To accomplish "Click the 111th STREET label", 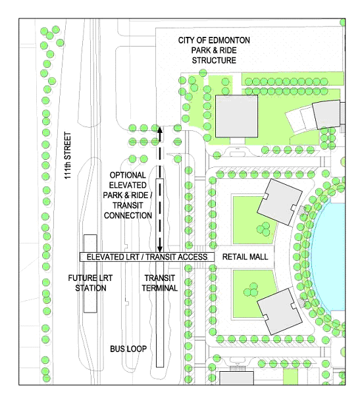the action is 68,155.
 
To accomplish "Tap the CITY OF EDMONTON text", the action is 214,40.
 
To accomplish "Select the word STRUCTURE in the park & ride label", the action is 214,61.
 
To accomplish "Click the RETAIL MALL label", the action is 245,257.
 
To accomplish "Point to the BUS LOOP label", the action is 128,349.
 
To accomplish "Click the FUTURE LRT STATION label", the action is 90,283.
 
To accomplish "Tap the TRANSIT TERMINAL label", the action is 159,283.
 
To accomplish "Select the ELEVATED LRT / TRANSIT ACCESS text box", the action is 147,257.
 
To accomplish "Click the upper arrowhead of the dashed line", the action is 159,130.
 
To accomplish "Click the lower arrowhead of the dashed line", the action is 159,249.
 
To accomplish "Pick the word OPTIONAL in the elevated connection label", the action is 128,175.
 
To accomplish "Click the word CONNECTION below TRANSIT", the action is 128,215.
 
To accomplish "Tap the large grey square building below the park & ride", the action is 237,116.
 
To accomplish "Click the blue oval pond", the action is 328,256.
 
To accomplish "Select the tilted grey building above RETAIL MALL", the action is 280,202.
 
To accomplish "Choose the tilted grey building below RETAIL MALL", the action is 280,311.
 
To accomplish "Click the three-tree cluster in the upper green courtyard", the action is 263,228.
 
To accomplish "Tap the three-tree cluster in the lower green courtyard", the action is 251,290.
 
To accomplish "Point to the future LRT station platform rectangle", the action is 90,274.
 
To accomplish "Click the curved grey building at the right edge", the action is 326,115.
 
